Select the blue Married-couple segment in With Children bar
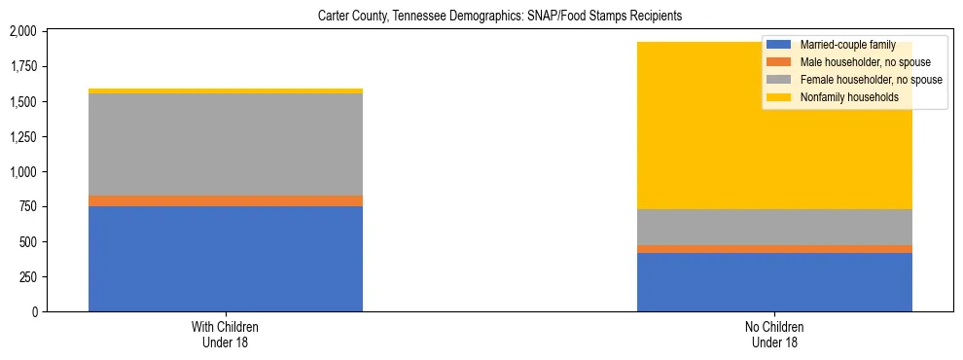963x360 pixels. pos(226,259)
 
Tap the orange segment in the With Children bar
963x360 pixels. pos(226,200)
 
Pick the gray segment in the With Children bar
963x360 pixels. pos(226,144)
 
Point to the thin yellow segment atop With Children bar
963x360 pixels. pos(226,90)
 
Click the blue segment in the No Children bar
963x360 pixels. pos(774,282)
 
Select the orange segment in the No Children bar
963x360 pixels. pos(774,249)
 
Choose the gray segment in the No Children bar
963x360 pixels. pos(774,227)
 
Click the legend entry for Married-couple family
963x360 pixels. pos(840,45)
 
